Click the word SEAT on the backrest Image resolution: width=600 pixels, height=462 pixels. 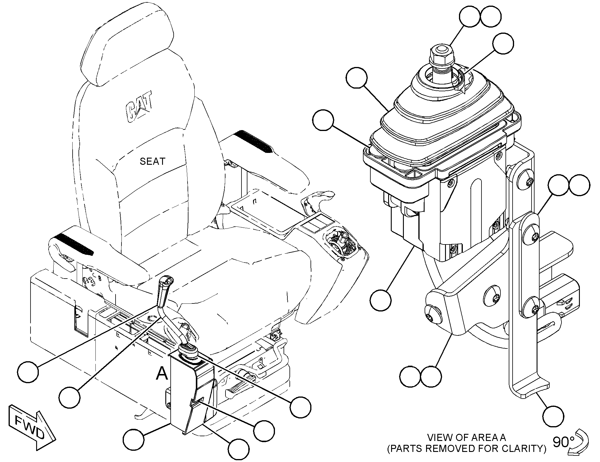point(152,162)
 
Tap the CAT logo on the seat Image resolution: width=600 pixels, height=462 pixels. point(140,108)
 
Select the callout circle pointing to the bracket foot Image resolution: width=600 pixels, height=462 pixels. point(553,416)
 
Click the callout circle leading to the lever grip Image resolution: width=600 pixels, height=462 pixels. point(28,372)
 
